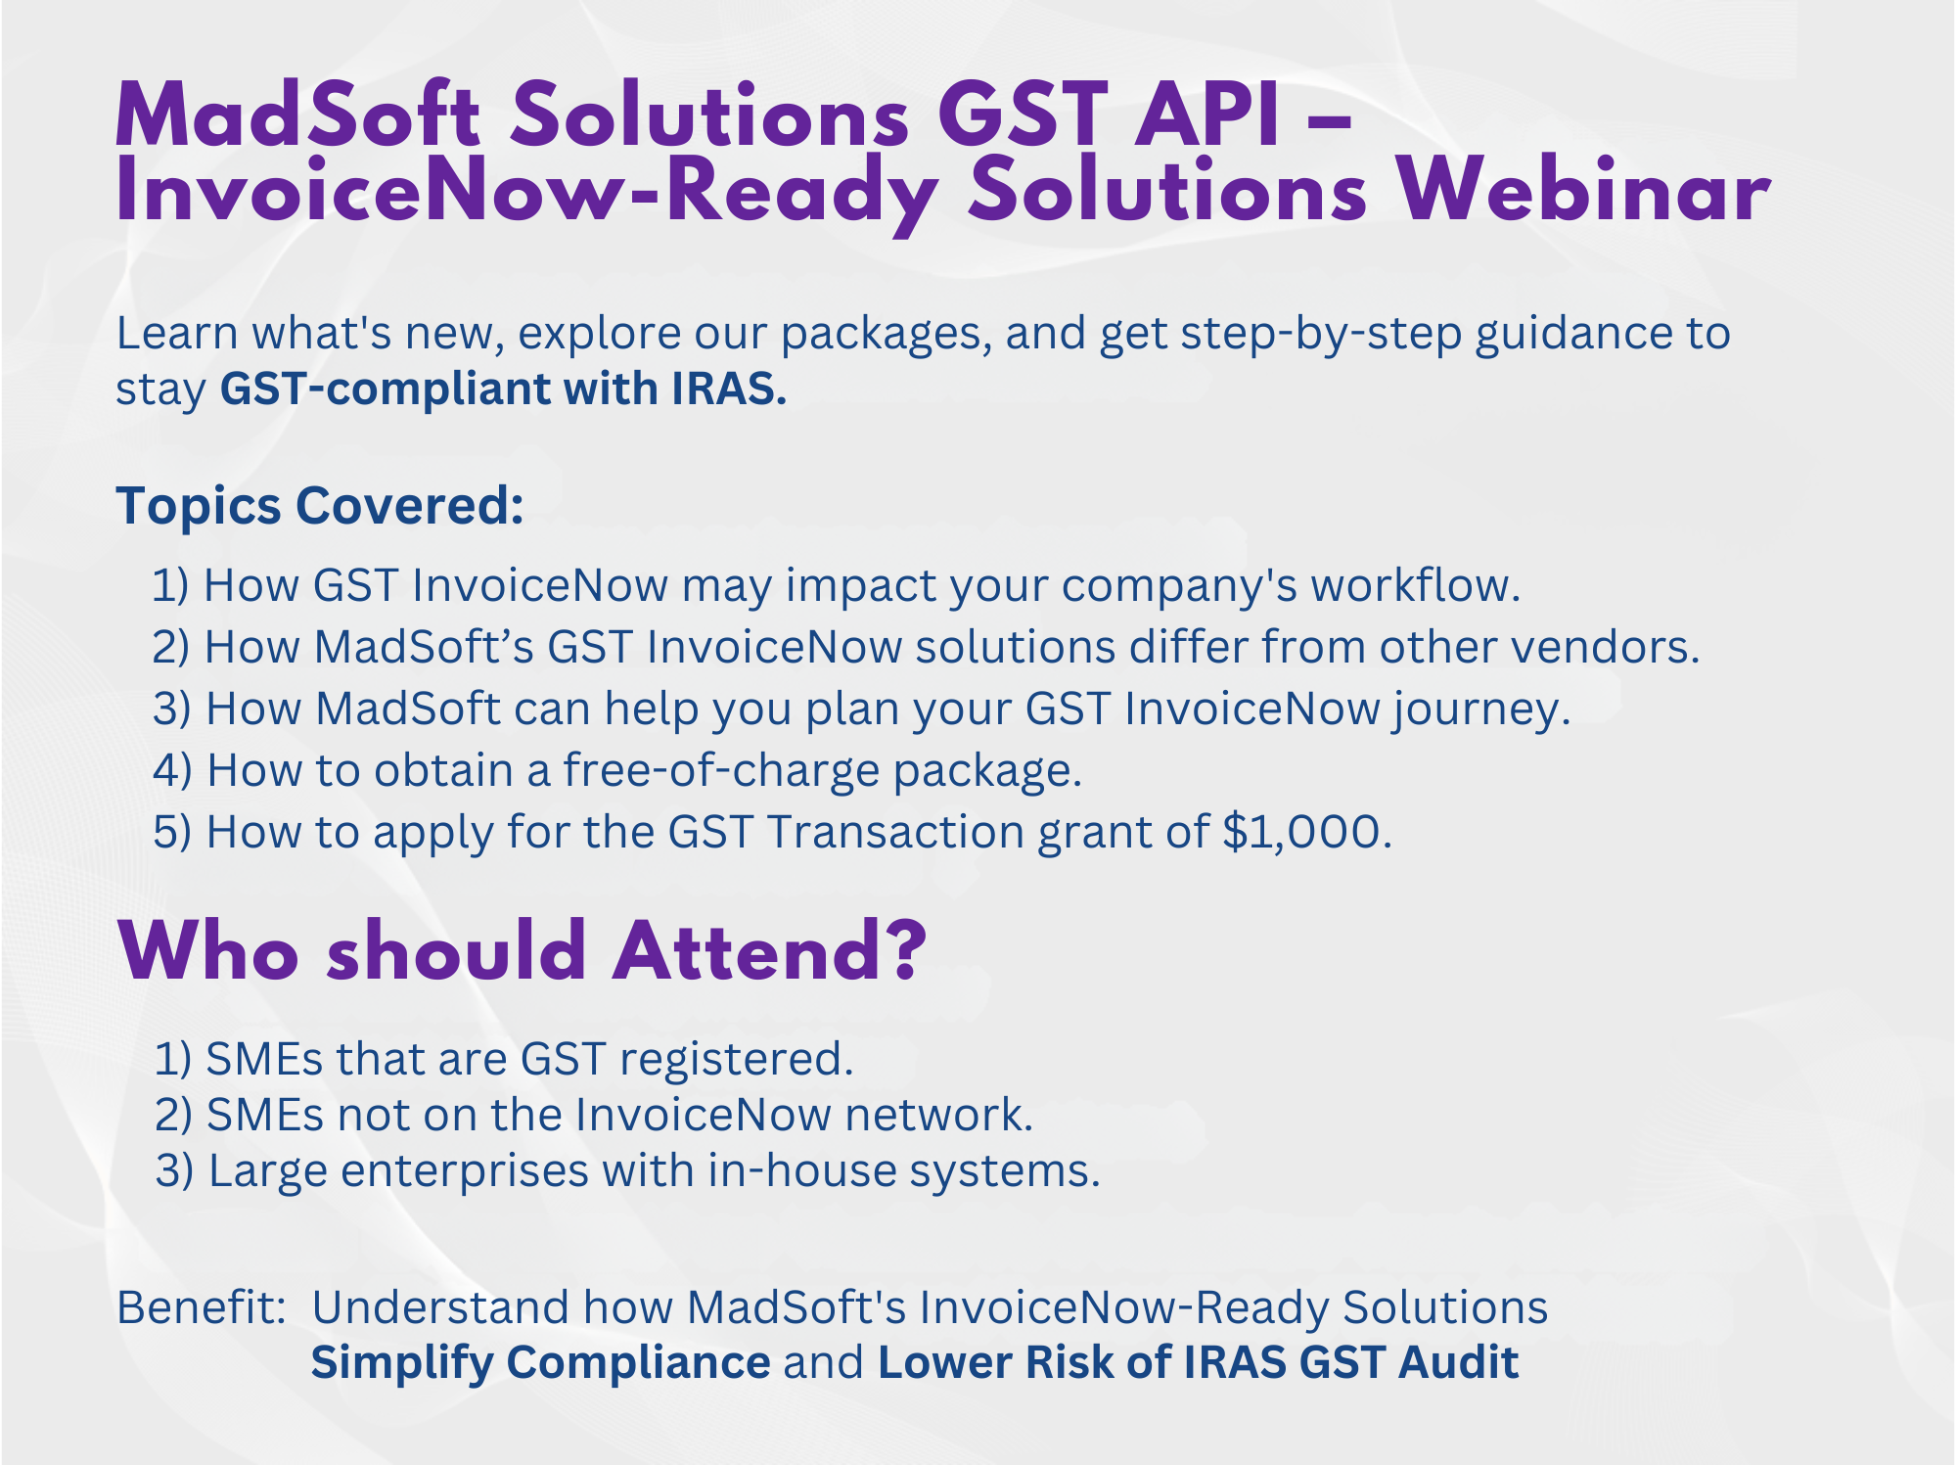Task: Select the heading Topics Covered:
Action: [x=320, y=506]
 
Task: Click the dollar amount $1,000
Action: [x=1306, y=832]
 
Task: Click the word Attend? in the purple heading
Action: [x=769, y=950]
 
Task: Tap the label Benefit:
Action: [x=201, y=1306]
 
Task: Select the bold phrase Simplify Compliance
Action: [x=540, y=1363]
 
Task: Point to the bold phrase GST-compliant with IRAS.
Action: [x=503, y=389]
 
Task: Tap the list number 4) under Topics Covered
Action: [x=172, y=770]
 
